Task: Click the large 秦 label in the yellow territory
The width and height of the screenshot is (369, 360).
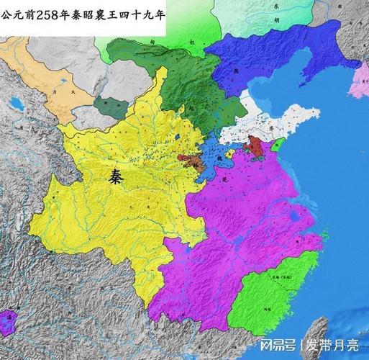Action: (x=115, y=179)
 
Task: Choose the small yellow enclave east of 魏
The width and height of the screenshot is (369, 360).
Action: (x=229, y=153)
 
